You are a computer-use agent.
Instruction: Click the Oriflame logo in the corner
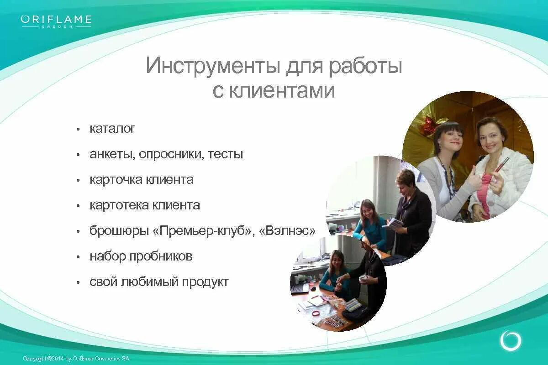click(x=56, y=21)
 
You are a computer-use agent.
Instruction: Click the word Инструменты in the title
click(x=212, y=66)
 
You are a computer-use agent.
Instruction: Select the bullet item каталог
click(x=112, y=129)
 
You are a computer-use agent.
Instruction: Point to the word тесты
click(x=226, y=154)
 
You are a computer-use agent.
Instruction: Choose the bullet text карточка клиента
click(x=142, y=180)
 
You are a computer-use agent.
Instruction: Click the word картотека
click(x=116, y=205)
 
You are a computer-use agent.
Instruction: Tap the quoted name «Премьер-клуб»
click(x=204, y=231)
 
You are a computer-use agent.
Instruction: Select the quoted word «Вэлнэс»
click(x=287, y=231)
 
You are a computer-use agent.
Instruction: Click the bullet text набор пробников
click(x=141, y=256)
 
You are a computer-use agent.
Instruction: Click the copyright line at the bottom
click(x=76, y=359)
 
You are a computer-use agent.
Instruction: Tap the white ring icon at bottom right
click(x=511, y=340)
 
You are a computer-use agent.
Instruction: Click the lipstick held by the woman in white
click(x=501, y=165)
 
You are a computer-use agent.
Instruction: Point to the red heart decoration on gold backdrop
click(x=428, y=125)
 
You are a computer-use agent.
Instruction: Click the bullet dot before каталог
click(x=78, y=129)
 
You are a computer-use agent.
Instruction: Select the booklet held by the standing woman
click(x=394, y=223)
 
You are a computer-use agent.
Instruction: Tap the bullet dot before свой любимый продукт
click(x=78, y=282)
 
